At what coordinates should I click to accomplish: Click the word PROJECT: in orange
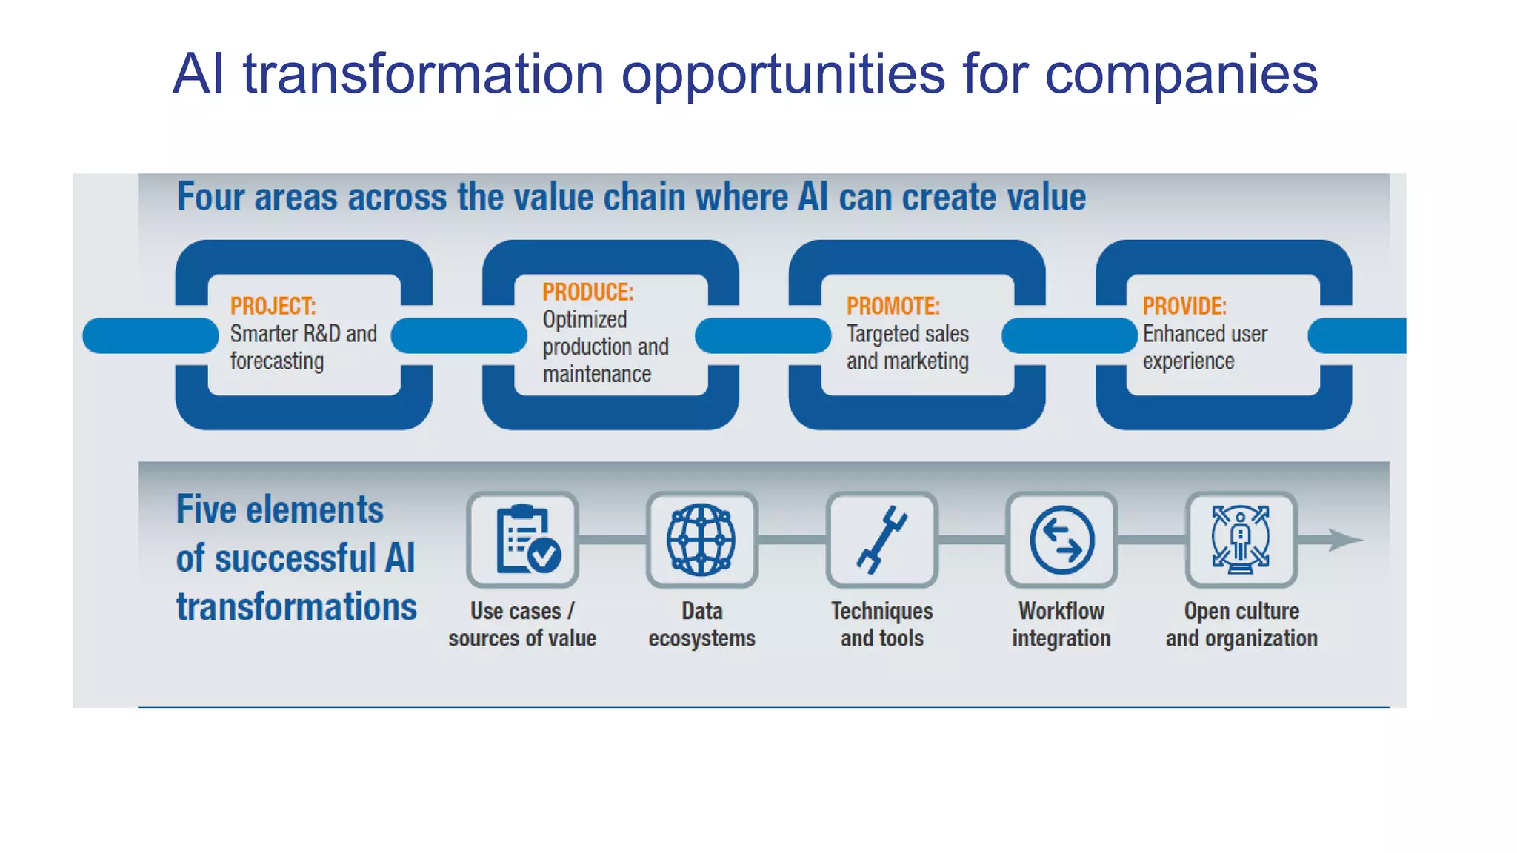(x=273, y=307)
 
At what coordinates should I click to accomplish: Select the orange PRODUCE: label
(x=587, y=292)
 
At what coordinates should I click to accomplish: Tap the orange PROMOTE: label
(x=893, y=307)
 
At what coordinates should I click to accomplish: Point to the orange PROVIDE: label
(x=1184, y=307)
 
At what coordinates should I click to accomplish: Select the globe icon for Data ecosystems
(x=701, y=540)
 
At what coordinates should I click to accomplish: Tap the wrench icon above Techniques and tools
(x=881, y=540)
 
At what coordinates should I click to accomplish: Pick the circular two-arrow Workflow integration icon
(x=1061, y=540)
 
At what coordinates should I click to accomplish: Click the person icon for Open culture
(x=1241, y=540)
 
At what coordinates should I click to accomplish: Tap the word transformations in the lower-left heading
(x=296, y=607)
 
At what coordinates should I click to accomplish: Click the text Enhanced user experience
(x=1204, y=348)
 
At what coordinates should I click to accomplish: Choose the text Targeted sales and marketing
(x=907, y=348)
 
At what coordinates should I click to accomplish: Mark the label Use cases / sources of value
(x=522, y=625)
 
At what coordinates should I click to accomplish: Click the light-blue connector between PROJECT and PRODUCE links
(x=459, y=335)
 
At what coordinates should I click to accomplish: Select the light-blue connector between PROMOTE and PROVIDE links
(x=1069, y=335)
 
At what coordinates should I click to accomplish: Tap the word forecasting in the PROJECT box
(x=276, y=361)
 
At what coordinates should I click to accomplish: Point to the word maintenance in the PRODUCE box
(x=596, y=375)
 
